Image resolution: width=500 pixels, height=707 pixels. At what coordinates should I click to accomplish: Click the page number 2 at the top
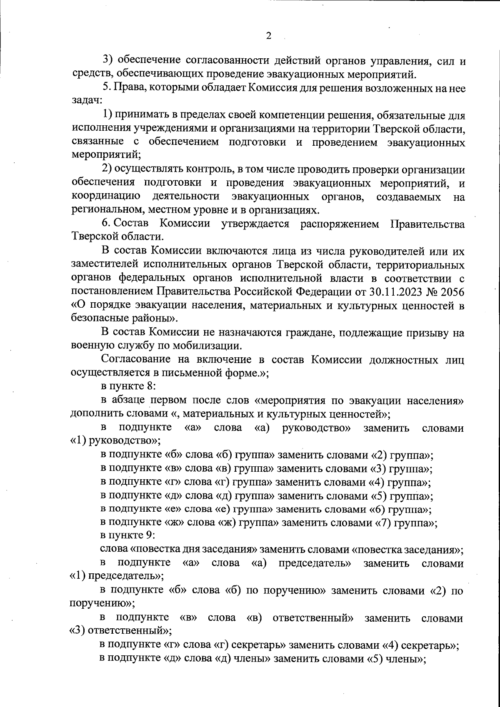pyautogui.click(x=268, y=36)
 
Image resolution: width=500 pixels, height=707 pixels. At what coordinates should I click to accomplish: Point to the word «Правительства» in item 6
pyautogui.click(x=427, y=224)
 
